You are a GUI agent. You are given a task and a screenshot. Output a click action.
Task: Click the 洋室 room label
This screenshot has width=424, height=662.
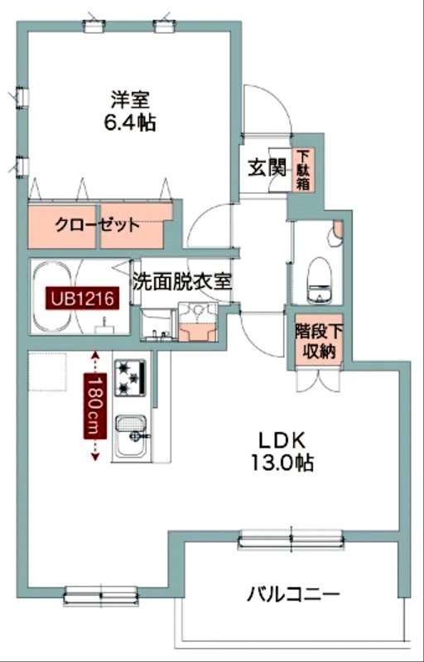pyautogui.click(x=130, y=99)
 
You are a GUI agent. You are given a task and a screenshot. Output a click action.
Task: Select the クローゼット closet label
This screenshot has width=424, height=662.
pyautogui.click(x=97, y=224)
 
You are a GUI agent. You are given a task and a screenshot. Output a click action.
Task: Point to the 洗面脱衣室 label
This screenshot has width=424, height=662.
pyautogui.click(x=182, y=281)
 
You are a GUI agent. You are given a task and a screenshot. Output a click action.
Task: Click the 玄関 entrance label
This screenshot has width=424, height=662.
pyautogui.click(x=266, y=167)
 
